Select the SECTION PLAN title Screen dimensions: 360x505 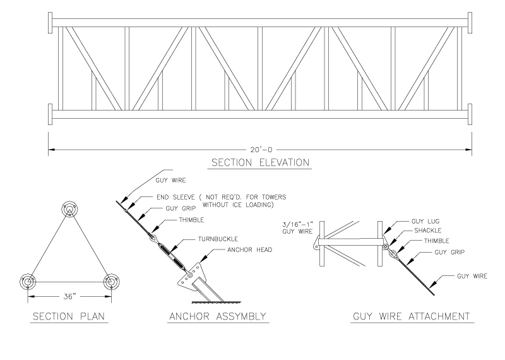pyautogui.click(x=68, y=316)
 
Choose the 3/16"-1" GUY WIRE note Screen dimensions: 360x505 pyautogui.click(x=297, y=228)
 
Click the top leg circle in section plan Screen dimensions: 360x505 pyautogui.click(x=69, y=211)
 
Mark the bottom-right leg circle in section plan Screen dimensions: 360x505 pyautogui.click(x=112, y=282)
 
